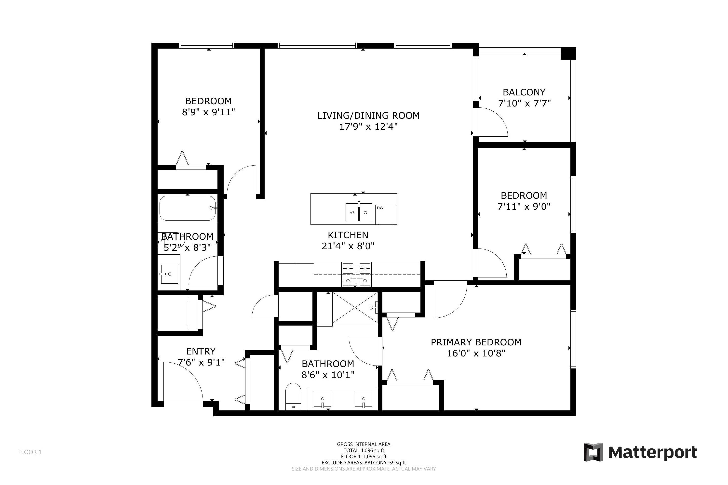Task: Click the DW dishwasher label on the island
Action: [x=380, y=208]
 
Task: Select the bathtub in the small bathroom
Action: [x=187, y=208]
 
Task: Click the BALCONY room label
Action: [x=524, y=92]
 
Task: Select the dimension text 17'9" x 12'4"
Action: [x=368, y=127]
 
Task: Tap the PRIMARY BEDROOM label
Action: [x=476, y=342]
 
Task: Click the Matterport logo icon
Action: [x=593, y=452]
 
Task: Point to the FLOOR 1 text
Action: [x=30, y=452]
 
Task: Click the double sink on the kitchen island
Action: [x=359, y=212]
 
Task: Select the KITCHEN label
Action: [x=348, y=235]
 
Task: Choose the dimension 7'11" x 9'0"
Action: [x=524, y=206]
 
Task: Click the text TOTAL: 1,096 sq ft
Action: [x=364, y=450]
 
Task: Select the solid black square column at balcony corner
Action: [x=568, y=53]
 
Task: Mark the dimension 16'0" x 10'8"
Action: [x=476, y=353]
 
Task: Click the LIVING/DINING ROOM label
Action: [x=368, y=115]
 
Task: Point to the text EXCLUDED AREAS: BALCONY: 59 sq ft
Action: [x=364, y=463]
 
